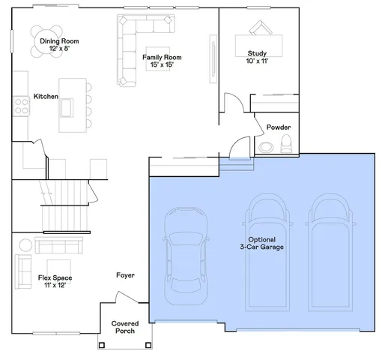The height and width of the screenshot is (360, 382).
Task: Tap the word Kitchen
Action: click(x=46, y=97)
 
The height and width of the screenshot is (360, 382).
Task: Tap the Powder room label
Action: click(x=279, y=127)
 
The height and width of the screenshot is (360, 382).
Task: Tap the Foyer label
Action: click(x=125, y=275)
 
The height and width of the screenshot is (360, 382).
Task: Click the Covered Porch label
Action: click(x=125, y=328)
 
